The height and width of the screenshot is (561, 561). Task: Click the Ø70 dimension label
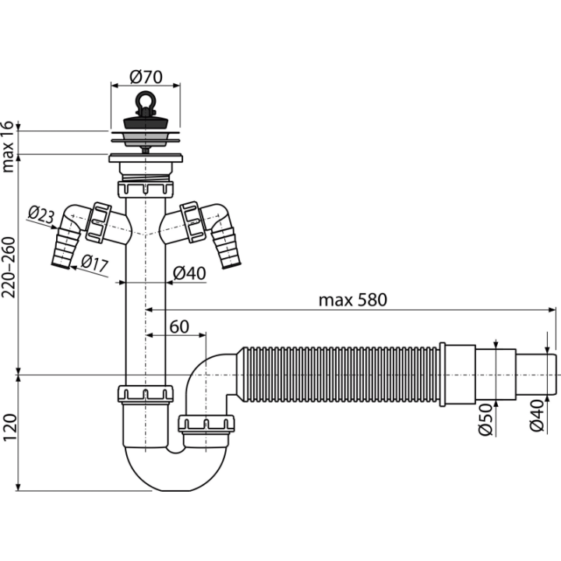pyautogui.click(x=146, y=77)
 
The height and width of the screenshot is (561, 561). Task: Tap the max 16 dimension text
pyautogui.click(x=8, y=146)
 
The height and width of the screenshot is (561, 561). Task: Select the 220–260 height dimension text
pyautogui.click(x=9, y=267)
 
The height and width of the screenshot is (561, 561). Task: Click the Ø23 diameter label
pyautogui.click(x=41, y=215)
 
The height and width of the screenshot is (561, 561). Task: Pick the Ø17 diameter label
pyautogui.click(x=94, y=263)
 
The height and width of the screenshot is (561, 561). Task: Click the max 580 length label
pyautogui.click(x=353, y=300)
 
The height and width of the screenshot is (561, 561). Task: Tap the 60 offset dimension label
pyautogui.click(x=179, y=326)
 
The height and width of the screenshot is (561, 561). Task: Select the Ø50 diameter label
pyautogui.click(x=485, y=419)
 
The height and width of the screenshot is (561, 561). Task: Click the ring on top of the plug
pyautogui.click(x=145, y=101)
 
